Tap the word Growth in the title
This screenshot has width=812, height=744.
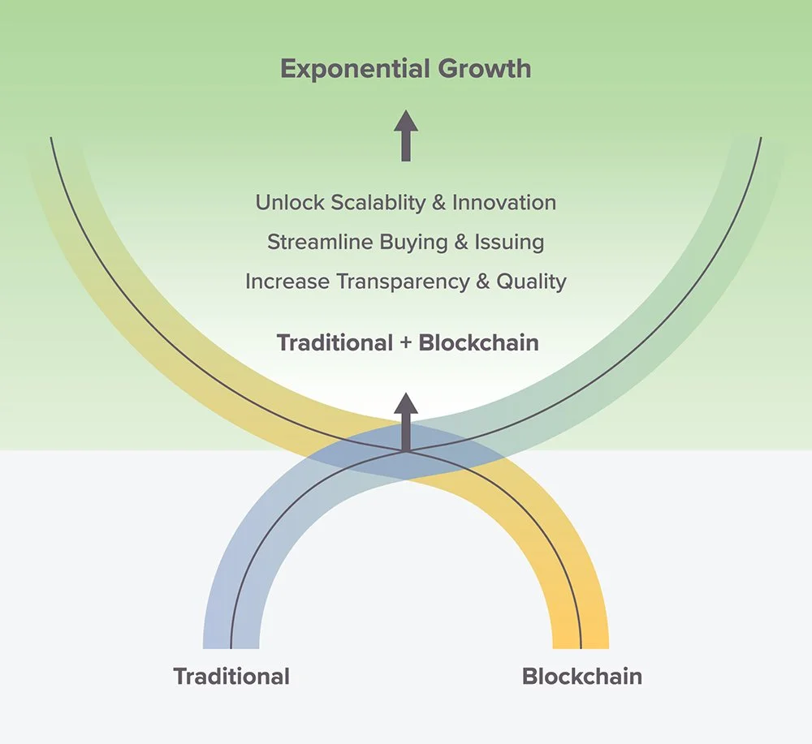click(x=484, y=69)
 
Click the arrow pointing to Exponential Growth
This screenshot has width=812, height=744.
click(x=406, y=136)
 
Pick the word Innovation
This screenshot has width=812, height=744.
click(x=504, y=202)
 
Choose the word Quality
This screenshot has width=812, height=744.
click(x=531, y=282)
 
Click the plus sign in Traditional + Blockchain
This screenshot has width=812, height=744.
click(x=406, y=342)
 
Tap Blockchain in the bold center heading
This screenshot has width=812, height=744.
click(x=479, y=342)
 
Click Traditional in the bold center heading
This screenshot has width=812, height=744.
click(x=335, y=342)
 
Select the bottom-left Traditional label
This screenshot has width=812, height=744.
click(x=231, y=677)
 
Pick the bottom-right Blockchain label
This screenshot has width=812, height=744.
click(x=581, y=677)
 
